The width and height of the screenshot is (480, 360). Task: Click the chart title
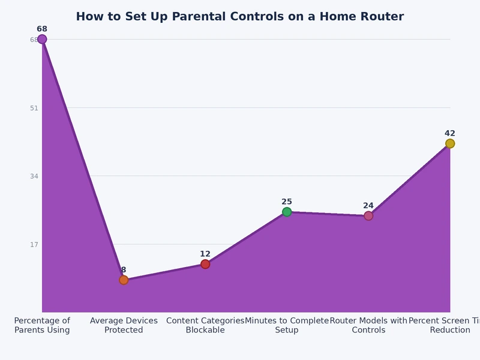pyautogui.click(x=240, y=17)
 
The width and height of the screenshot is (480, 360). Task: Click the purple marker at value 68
pyautogui.click(x=42, y=39)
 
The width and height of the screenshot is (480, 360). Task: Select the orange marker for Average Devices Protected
pyautogui.click(x=124, y=280)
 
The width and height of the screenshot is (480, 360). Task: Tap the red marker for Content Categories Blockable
pyautogui.click(x=205, y=264)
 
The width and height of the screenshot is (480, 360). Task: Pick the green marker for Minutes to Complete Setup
pyautogui.click(x=287, y=212)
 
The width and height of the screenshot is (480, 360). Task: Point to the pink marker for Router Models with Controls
pyautogui.click(x=368, y=216)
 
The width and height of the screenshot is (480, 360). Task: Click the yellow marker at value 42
pyautogui.click(x=450, y=143)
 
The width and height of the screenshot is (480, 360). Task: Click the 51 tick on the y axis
pyautogui.click(x=34, y=108)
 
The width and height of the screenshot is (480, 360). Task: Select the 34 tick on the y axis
pyautogui.click(x=34, y=176)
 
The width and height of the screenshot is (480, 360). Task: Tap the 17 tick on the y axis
pyautogui.click(x=34, y=244)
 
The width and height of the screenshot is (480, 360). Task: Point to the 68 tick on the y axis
pyautogui.click(x=34, y=40)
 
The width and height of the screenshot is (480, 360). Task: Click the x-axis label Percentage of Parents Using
pyautogui.click(x=42, y=325)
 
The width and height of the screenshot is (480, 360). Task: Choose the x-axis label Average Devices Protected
pyautogui.click(x=124, y=325)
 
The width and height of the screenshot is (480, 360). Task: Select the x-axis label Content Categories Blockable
pyautogui.click(x=205, y=325)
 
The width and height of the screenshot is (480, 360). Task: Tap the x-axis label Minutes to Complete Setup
pyautogui.click(x=287, y=325)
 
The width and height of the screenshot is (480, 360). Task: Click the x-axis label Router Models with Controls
pyautogui.click(x=368, y=325)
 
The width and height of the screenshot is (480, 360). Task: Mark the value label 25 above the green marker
pyautogui.click(x=287, y=202)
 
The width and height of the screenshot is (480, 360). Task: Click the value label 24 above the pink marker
pyautogui.click(x=368, y=205)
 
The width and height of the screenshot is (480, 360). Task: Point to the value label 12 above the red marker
pyautogui.click(x=205, y=254)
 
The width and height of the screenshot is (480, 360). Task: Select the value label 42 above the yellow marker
pyautogui.click(x=450, y=133)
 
